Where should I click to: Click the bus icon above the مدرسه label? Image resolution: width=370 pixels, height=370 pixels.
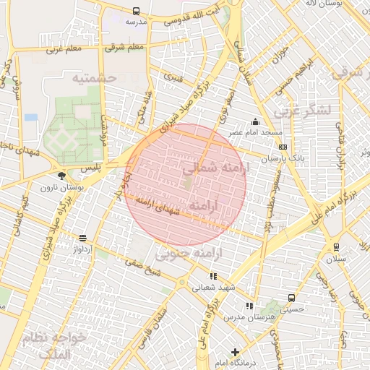[137, 11]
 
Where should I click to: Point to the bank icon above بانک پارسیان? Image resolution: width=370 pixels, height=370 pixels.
[282, 147]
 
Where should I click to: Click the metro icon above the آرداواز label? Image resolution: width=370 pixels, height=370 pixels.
[82, 238]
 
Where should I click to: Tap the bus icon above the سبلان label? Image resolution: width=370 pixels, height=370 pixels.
[335, 247]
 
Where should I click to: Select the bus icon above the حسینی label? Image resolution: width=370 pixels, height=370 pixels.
[291, 297]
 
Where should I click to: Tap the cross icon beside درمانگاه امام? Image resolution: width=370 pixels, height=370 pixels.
[233, 352]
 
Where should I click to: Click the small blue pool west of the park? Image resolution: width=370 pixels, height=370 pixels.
[31, 116]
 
